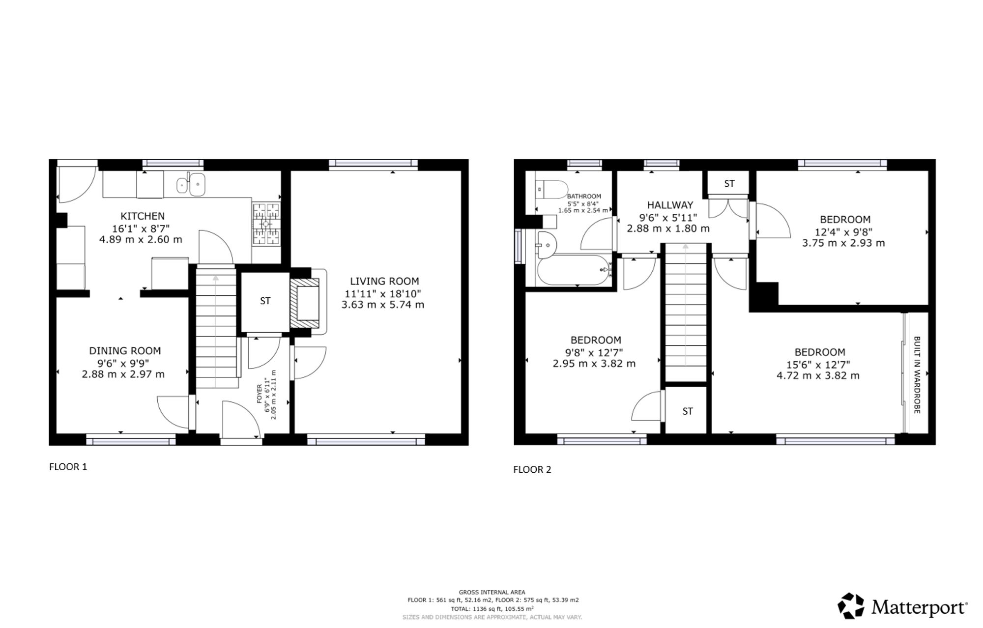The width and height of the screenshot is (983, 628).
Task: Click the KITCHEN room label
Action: [143, 216]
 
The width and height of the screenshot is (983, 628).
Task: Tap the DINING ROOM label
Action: [125, 351]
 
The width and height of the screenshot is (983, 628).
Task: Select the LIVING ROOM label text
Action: [384, 281]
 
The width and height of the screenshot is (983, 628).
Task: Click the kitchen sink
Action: [191, 185]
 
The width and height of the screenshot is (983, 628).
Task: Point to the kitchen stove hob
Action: [266, 224]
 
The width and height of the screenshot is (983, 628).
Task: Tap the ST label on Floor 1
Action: [265, 301]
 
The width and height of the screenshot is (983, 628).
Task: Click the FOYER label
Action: [260, 394]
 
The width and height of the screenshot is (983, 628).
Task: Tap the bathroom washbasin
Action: [546, 244]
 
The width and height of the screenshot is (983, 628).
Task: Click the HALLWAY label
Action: [670, 205]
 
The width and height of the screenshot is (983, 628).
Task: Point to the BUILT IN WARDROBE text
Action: [917, 375]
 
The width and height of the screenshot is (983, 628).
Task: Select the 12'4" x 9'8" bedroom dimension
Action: [844, 231]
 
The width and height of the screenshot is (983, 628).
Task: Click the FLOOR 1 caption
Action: [68, 467]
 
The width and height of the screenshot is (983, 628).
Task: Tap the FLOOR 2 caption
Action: [532, 469]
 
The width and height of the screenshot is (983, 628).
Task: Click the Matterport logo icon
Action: [851, 606]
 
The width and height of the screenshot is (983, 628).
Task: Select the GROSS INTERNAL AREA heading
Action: [492, 592]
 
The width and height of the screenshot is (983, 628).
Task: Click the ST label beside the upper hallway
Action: [729, 184]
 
